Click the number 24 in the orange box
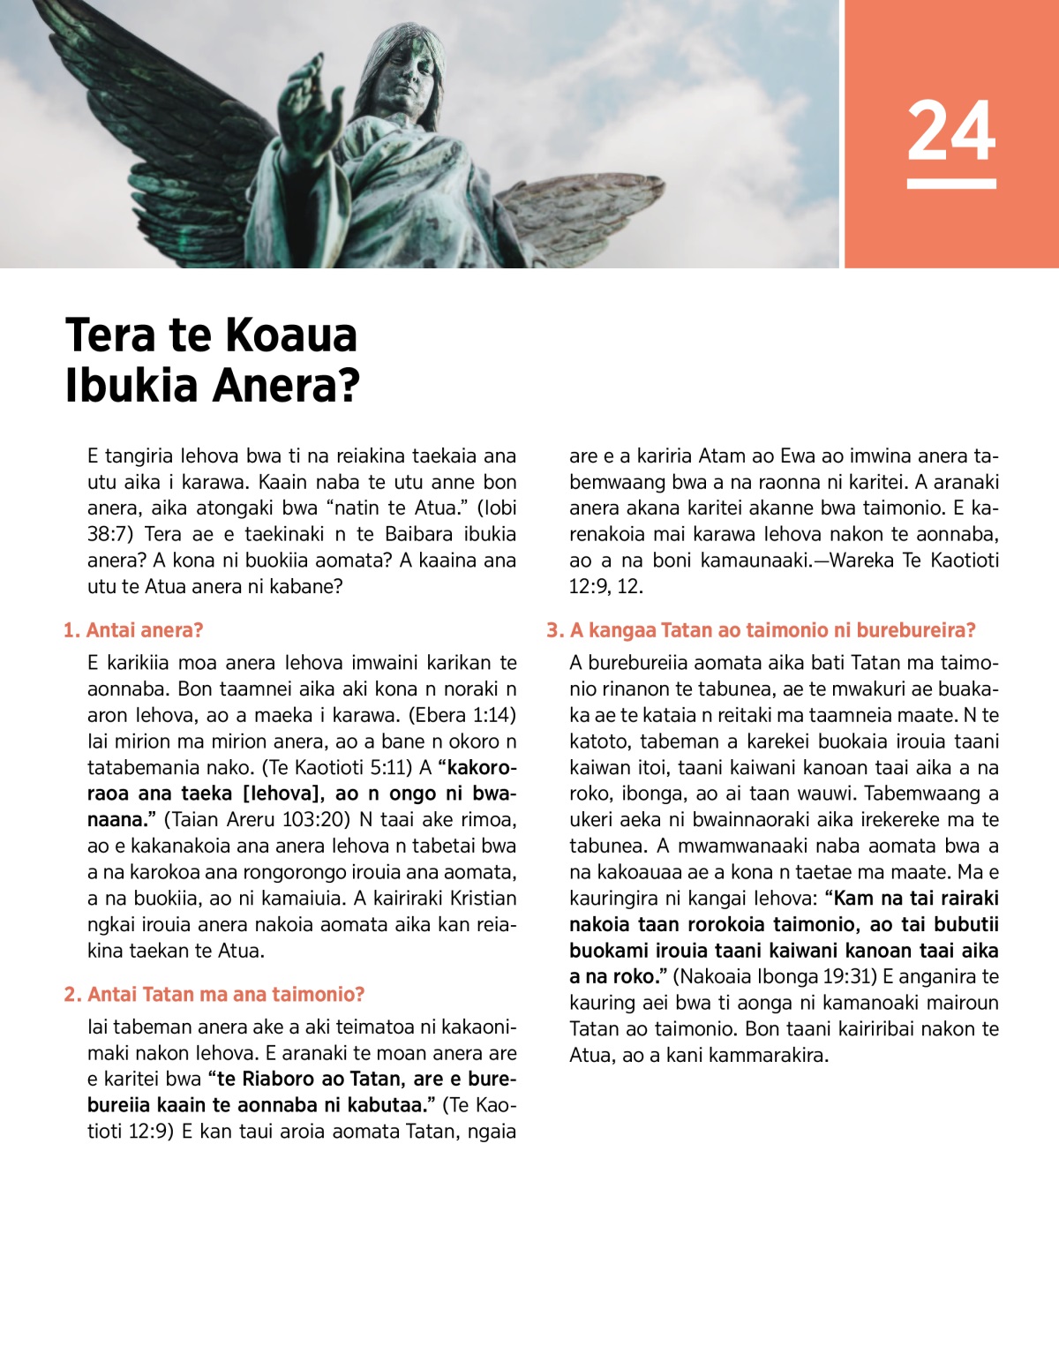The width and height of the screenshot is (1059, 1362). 951,131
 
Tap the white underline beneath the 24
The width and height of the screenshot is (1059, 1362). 951,184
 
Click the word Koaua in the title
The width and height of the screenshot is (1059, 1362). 291,335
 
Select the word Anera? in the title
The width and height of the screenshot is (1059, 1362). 288,386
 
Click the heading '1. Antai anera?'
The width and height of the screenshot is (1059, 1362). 133,630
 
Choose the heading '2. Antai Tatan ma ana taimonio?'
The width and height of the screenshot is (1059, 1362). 214,995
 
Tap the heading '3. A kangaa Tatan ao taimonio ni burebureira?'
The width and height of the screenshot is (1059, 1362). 761,630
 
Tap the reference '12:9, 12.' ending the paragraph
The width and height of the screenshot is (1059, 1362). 606,586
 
